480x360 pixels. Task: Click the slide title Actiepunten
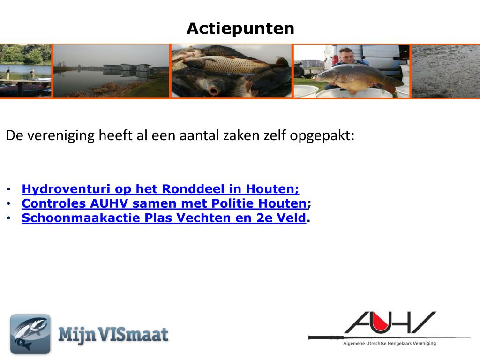[x=240, y=29]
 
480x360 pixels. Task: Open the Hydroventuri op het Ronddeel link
[x=160, y=189]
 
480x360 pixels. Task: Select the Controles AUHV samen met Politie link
[x=164, y=203]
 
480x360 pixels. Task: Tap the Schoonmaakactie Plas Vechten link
[x=164, y=217]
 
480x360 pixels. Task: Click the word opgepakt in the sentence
[x=322, y=136]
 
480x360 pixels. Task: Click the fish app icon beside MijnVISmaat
[x=30, y=334]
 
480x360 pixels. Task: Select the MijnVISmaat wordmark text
[x=113, y=334]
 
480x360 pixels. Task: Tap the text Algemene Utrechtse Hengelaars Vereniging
[x=390, y=344]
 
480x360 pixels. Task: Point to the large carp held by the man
[x=358, y=77]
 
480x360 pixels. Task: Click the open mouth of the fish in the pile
[x=214, y=90]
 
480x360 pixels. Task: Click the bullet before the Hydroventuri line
[x=9, y=189]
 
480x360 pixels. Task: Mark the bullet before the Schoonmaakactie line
[x=9, y=218]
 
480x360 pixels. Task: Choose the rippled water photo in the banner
[x=445, y=71]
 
